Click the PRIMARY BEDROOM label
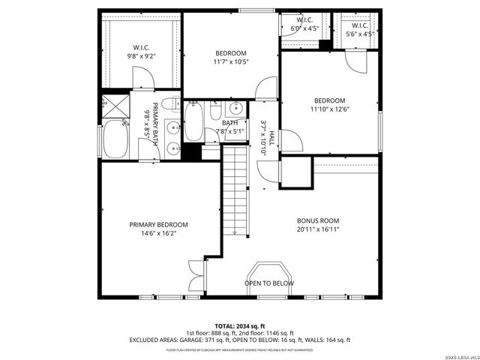[158, 224]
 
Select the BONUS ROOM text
[318, 220]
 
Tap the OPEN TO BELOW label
[269, 283]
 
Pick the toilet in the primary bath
[171, 104]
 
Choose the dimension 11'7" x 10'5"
[230, 62]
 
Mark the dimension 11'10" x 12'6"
[329, 109]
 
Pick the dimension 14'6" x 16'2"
[158, 233]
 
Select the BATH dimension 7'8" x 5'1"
[229, 131]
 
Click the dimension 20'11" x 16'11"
[318, 229]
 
